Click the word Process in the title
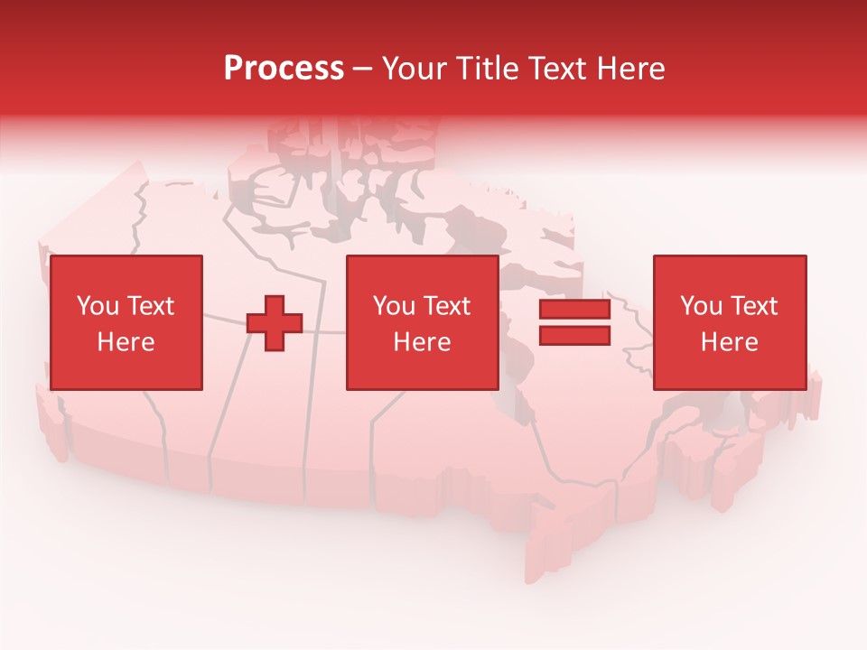tap(284, 69)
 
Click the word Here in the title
tap(633, 69)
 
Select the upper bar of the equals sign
tap(574, 310)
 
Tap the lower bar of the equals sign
tap(574, 336)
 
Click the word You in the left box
tap(97, 306)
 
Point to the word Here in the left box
tap(126, 342)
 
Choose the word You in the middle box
tap(394, 306)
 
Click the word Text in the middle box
tap(446, 306)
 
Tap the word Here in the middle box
tap(422, 342)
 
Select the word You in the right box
tap(701, 306)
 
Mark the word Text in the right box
tap(753, 306)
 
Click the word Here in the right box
tap(729, 342)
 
